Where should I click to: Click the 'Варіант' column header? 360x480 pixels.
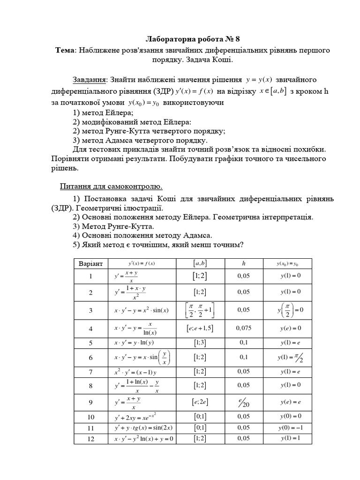91,264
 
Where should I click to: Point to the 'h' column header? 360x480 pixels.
243,264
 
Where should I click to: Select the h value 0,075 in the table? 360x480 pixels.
243,328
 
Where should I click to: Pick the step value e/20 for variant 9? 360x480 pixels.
243,402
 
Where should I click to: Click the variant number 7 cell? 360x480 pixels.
91,372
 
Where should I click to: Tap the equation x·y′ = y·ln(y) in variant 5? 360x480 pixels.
136,343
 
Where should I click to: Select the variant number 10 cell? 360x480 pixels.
91,416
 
